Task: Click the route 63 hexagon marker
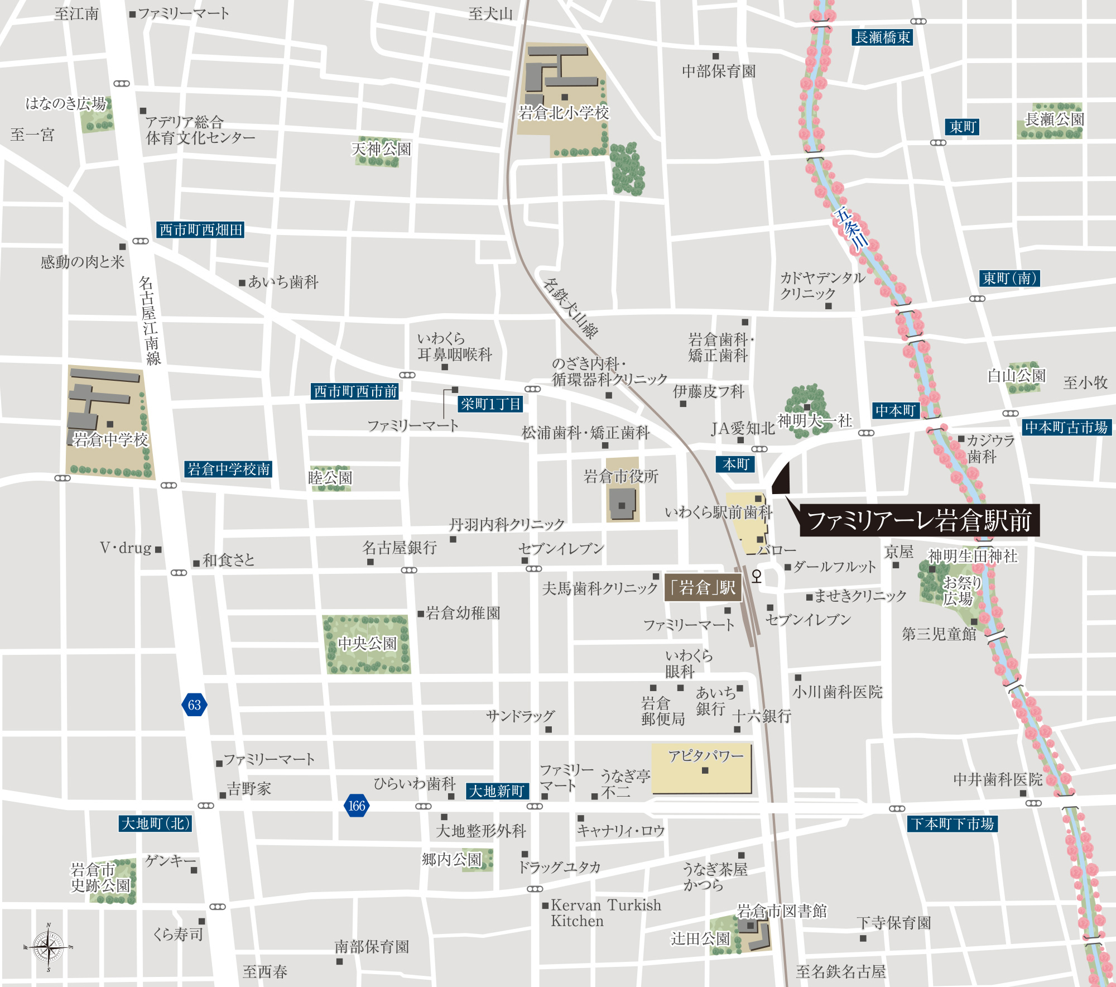click(x=194, y=705)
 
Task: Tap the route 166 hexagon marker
click(x=357, y=806)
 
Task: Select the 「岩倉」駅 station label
click(x=703, y=588)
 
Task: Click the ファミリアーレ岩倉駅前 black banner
click(x=919, y=520)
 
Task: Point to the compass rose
click(x=49, y=947)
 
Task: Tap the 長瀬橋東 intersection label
click(x=882, y=37)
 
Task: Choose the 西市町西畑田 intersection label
click(x=200, y=229)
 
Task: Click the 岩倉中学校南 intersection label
click(x=228, y=469)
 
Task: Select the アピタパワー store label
click(x=706, y=756)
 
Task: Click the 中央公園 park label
click(x=367, y=644)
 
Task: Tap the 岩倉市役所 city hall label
click(x=621, y=476)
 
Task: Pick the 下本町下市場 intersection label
click(x=953, y=823)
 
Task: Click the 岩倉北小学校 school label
click(x=564, y=113)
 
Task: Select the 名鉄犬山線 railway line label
click(x=570, y=309)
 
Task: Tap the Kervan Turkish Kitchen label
click(x=605, y=913)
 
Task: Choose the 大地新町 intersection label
click(x=497, y=791)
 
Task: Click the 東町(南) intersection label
click(x=1010, y=278)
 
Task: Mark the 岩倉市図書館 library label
click(x=782, y=911)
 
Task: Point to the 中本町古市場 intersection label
click(x=1066, y=427)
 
